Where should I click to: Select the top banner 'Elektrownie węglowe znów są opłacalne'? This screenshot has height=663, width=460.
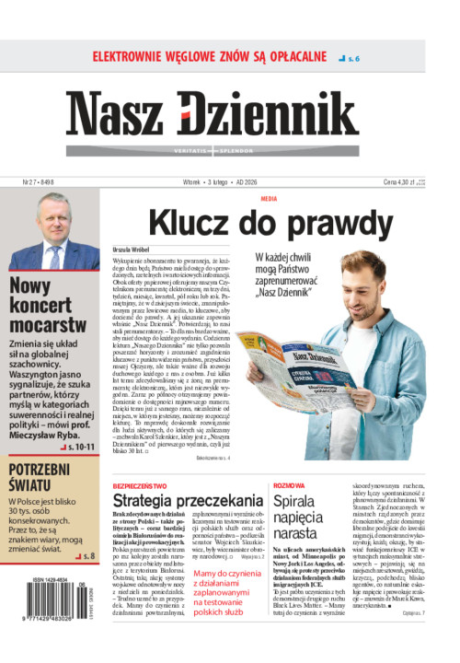click(x=210, y=56)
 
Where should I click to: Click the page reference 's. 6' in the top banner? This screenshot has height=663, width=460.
click(x=351, y=58)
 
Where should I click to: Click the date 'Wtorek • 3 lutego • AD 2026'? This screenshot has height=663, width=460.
click(x=229, y=182)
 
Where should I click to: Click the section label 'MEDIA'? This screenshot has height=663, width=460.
click(x=269, y=199)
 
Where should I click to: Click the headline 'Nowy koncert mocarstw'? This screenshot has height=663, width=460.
click(x=46, y=305)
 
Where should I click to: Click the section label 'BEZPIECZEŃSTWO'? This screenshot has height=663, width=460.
click(x=139, y=483)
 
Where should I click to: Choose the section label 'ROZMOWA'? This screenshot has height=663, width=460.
click(x=289, y=483)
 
